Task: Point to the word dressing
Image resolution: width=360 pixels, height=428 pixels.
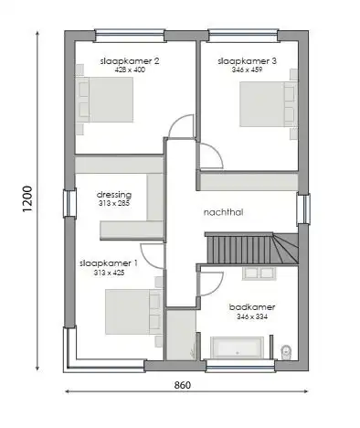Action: point(114,194)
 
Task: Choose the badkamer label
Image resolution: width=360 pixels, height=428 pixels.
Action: point(253,306)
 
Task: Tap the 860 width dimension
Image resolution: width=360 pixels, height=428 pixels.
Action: point(182,385)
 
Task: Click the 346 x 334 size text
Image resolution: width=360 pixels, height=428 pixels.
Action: point(253,316)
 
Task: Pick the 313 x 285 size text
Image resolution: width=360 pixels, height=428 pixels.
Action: point(114,203)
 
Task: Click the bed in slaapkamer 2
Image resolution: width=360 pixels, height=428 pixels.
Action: point(106,100)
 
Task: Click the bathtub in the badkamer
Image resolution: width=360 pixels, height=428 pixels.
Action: point(238,347)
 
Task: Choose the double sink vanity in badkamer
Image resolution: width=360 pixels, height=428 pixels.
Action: point(259,273)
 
